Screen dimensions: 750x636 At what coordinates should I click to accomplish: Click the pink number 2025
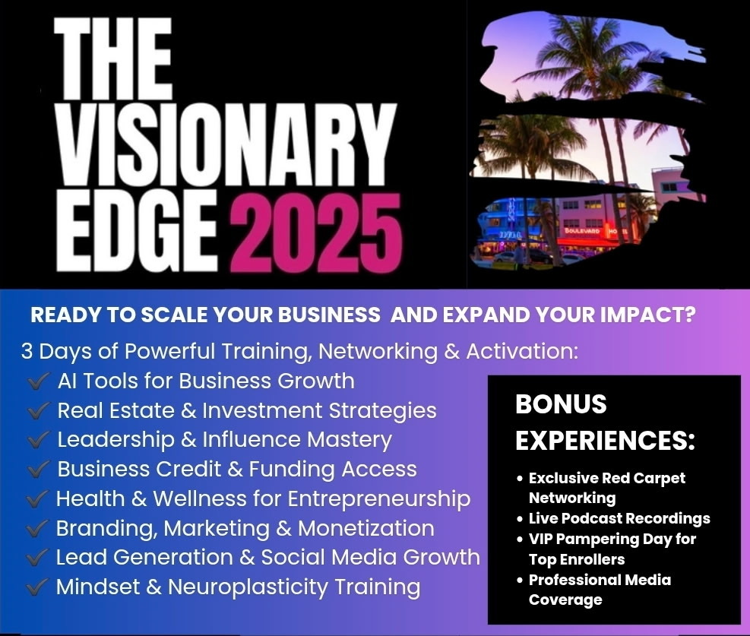click(315, 233)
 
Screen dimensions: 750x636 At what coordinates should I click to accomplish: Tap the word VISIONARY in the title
click(225, 144)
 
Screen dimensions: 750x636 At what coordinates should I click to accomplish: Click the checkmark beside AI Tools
click(38, 381)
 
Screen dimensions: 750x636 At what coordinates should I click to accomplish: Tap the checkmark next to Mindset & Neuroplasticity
click(36, 587)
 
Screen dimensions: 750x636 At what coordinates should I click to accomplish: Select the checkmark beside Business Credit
click(38, 469)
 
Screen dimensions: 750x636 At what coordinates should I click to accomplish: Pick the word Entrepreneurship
click(379, 500)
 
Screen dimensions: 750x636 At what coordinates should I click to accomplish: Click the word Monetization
click(366, 528)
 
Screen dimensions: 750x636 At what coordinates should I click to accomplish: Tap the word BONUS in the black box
click(561, 404)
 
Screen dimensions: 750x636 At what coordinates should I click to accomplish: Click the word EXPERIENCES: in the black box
click(605, 440)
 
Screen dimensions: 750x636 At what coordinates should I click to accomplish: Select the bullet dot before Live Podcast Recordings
click(521, 519)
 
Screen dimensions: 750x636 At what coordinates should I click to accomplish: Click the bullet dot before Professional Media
click(521, 580)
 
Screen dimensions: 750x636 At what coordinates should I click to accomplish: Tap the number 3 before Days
click(27, 352)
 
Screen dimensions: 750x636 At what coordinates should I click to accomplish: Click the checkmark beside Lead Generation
click(36, 557)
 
